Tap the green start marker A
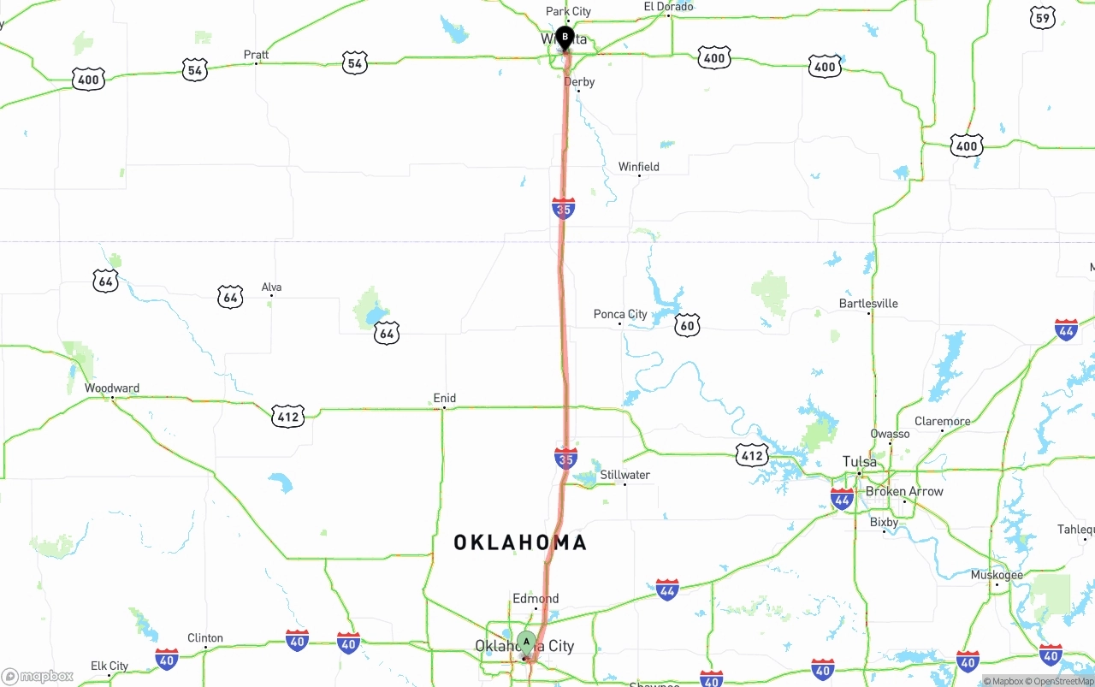coord(526,641)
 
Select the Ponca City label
coord(620,314)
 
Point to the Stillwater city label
coord(624,475)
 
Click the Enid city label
coord(445,398)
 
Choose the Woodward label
coord(112,388)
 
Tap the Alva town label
coord(271,287)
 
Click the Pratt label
coord(256,55)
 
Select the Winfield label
coord(639,167)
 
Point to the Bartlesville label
coord(868,304)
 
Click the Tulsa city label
coord(860,462)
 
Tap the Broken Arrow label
coord(904,492)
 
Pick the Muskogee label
coord(997,575)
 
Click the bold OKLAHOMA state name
coord(520,542)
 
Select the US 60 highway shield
coord(687,325)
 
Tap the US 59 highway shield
coord(1043,18)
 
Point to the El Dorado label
coord(668,7)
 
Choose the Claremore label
coord(943,421)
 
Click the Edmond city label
coord(536,599)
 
